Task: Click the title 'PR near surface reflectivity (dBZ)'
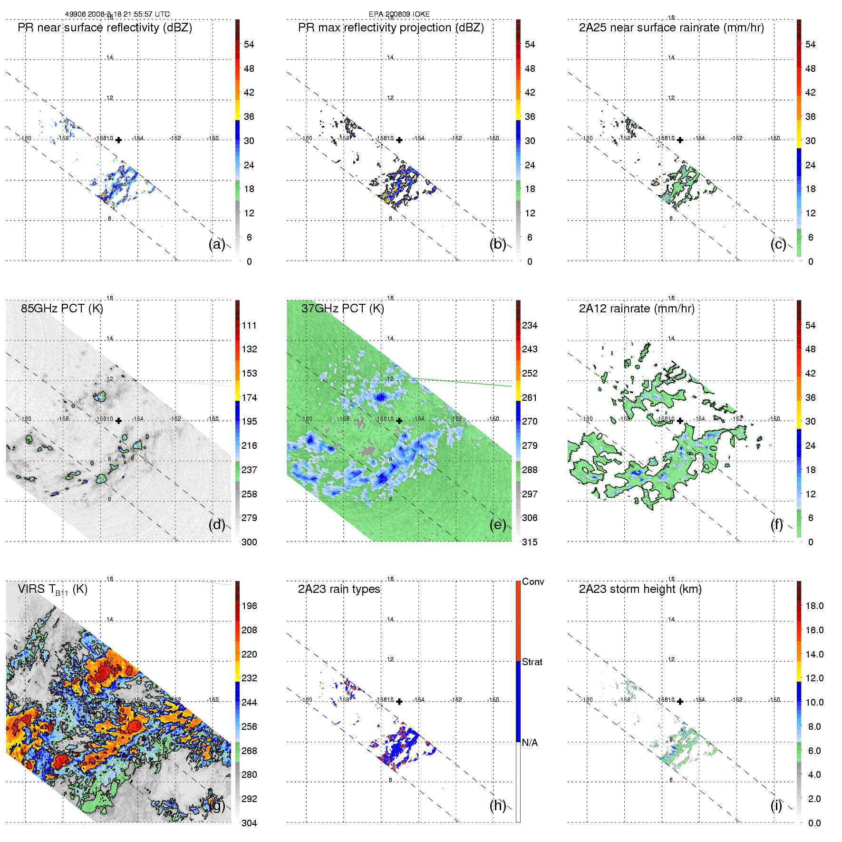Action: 105,28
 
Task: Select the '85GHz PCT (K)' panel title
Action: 62,309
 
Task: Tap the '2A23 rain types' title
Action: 339,589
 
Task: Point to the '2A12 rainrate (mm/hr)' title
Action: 637,309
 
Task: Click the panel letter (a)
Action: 217,244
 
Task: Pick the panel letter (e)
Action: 498,524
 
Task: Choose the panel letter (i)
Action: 776,805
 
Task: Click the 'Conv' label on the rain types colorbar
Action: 533,581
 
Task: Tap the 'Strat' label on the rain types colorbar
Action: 532,662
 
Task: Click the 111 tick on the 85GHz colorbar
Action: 249,325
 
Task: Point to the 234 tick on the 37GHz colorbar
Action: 530,325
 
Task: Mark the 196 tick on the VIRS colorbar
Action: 249,606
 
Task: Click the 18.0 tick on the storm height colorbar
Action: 814,606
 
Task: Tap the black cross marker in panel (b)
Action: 399,140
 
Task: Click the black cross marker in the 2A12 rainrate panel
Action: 680,421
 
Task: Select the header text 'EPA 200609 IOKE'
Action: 399,14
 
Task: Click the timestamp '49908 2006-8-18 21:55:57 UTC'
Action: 117,14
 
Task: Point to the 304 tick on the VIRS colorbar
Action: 249,823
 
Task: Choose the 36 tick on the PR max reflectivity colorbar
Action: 530,116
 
